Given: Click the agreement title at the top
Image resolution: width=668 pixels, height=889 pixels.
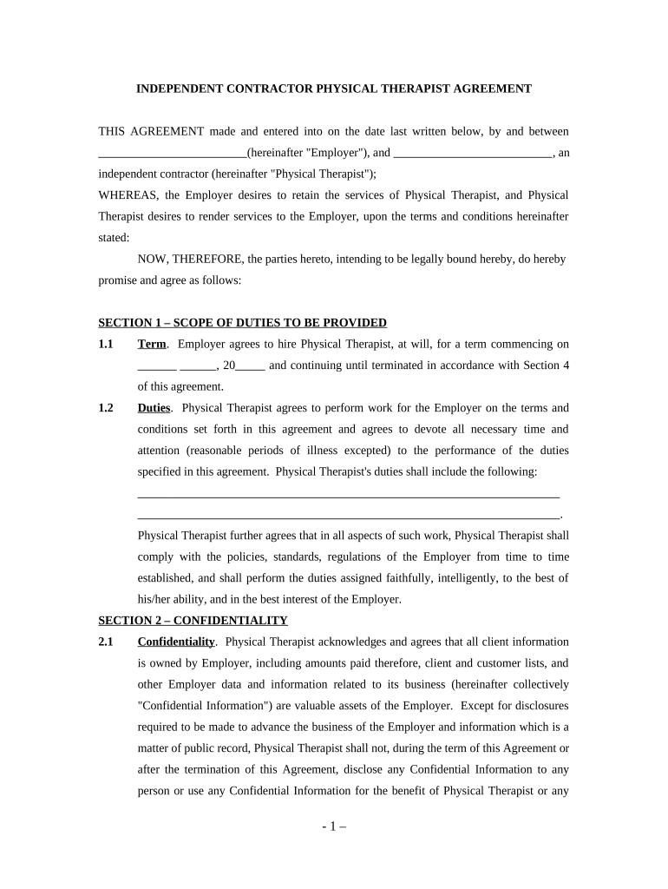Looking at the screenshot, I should [334, 89].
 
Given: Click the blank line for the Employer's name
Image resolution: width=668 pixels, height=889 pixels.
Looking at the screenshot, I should [172, 154].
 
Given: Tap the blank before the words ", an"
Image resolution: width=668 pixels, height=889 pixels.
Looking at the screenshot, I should [472, 154].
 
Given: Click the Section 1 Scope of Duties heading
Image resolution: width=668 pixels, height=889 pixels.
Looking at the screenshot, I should [242, 323].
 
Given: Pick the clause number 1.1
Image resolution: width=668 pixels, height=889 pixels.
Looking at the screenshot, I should [106, 345].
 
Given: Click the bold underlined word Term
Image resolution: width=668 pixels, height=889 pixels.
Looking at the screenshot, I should [152, 345].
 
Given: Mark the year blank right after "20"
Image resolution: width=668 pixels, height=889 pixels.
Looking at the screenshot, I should [251, 365].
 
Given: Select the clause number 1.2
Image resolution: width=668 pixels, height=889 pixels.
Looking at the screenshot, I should [106, 408].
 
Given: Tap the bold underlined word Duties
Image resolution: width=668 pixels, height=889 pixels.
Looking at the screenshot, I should [154, 408].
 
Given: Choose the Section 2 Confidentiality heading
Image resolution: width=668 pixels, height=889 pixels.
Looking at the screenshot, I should [193, 621].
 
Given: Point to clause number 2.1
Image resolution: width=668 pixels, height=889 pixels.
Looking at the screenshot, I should [106, 642].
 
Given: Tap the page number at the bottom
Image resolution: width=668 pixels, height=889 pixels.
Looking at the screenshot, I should [333, 827].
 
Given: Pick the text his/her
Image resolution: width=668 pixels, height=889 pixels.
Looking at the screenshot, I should [156, 600].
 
